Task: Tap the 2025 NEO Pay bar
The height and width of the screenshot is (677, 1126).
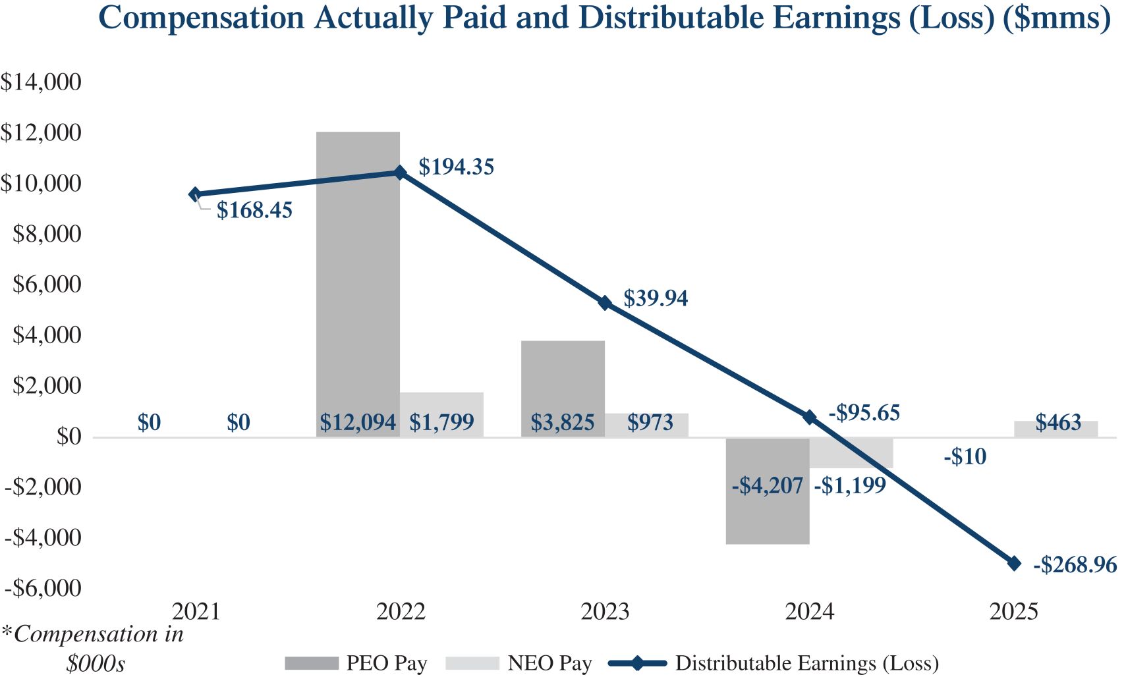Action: pos(1056,429)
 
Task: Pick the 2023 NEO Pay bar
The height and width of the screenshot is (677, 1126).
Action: pos(646,425)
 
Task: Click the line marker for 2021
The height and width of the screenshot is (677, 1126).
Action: pos(195,194)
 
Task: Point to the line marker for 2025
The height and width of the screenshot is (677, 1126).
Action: pos(1014,564)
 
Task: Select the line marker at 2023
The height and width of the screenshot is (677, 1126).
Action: pos(605,303)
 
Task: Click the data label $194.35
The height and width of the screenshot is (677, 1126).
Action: pos(456,167)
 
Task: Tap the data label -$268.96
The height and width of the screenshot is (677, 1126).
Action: pos(1075,565)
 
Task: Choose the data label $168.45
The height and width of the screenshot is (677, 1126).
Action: pos(254,211)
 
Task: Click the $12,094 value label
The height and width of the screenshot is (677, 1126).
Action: pos(358,423)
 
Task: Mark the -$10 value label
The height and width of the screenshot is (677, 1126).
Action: pos(965,457)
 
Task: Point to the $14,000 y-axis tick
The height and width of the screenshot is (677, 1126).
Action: pos(41,82)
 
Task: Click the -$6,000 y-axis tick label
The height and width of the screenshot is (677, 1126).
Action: pos(43,588)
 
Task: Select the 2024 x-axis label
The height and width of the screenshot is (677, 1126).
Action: pos(809,612)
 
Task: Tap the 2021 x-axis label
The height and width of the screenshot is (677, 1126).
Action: pos(196,612)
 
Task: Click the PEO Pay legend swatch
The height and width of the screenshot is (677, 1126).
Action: pos(311,663)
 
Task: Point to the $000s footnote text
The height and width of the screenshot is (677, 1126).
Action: pos(96,663)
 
